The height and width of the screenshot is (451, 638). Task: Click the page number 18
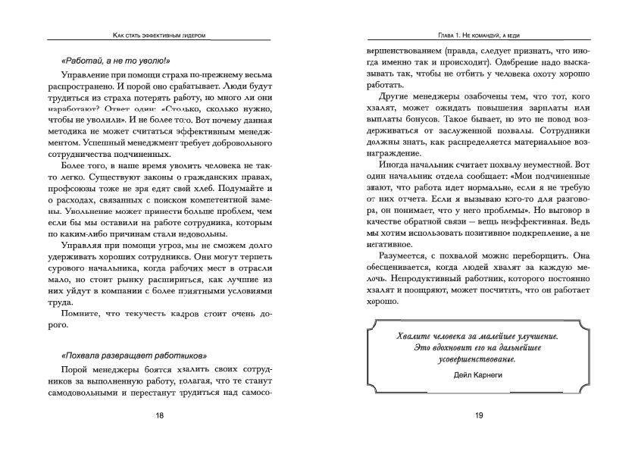coord(159,415)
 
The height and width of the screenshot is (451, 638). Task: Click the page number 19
coord(478,415)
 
